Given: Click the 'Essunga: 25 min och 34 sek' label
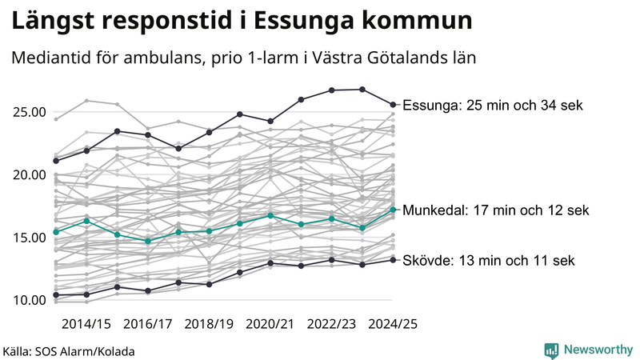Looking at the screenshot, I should coord(493,106).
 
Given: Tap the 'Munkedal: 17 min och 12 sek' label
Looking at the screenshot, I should coord(496,211).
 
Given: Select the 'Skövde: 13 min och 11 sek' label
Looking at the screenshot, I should coord(488,261).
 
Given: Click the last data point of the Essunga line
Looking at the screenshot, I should coord(393,104).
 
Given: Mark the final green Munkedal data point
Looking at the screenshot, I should coord(393,210).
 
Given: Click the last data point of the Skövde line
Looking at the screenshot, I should coord(393,259).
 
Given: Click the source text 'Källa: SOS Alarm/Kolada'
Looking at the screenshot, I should coord(69,351).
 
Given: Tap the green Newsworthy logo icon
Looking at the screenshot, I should coord(551,350).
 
